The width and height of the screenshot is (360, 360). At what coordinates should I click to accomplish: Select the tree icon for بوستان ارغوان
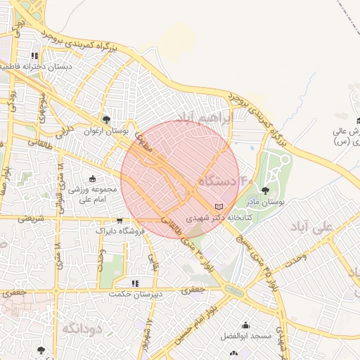point(106,120)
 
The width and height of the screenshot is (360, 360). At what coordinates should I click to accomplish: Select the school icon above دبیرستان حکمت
point(135,283)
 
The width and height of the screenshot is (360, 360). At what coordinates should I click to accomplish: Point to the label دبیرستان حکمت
point(136,293)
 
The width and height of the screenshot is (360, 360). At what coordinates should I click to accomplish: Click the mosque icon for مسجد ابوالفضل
point(245,326)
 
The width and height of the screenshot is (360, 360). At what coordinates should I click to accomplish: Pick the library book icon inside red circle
point(219,206)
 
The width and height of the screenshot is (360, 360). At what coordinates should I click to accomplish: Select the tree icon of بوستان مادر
point(265,190)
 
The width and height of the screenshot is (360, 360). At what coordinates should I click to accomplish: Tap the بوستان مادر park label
point(264,201)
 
